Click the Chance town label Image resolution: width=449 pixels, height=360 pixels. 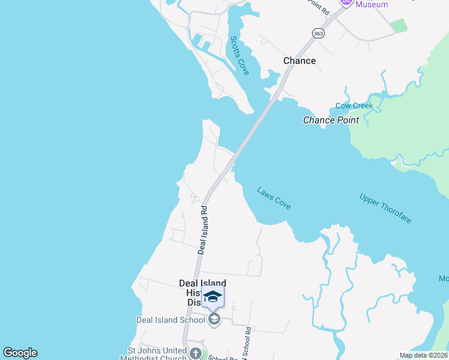[x=299, y=61]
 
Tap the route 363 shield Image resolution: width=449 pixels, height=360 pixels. [x=318, y=34]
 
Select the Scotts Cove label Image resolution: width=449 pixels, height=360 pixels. [x=240, y=55]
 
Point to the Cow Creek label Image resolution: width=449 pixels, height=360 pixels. [x=354, y=106]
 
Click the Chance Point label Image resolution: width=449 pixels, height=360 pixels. [x=331, y=120]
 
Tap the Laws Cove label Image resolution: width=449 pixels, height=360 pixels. [x=274, y=198]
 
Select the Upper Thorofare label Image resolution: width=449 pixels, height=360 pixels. [x=385, y=208]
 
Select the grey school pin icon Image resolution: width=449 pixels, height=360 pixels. [x=214, y=319]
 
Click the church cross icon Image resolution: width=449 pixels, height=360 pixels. [x=195, y=353]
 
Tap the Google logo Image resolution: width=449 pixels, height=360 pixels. [x=20, y=353]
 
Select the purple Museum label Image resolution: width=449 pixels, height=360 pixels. [x=372, y=5]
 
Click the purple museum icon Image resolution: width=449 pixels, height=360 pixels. [x=346, y=2]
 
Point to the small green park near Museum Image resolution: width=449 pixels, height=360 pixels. [x=398, y=25]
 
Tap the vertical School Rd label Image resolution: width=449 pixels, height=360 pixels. [x=247, y=342]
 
